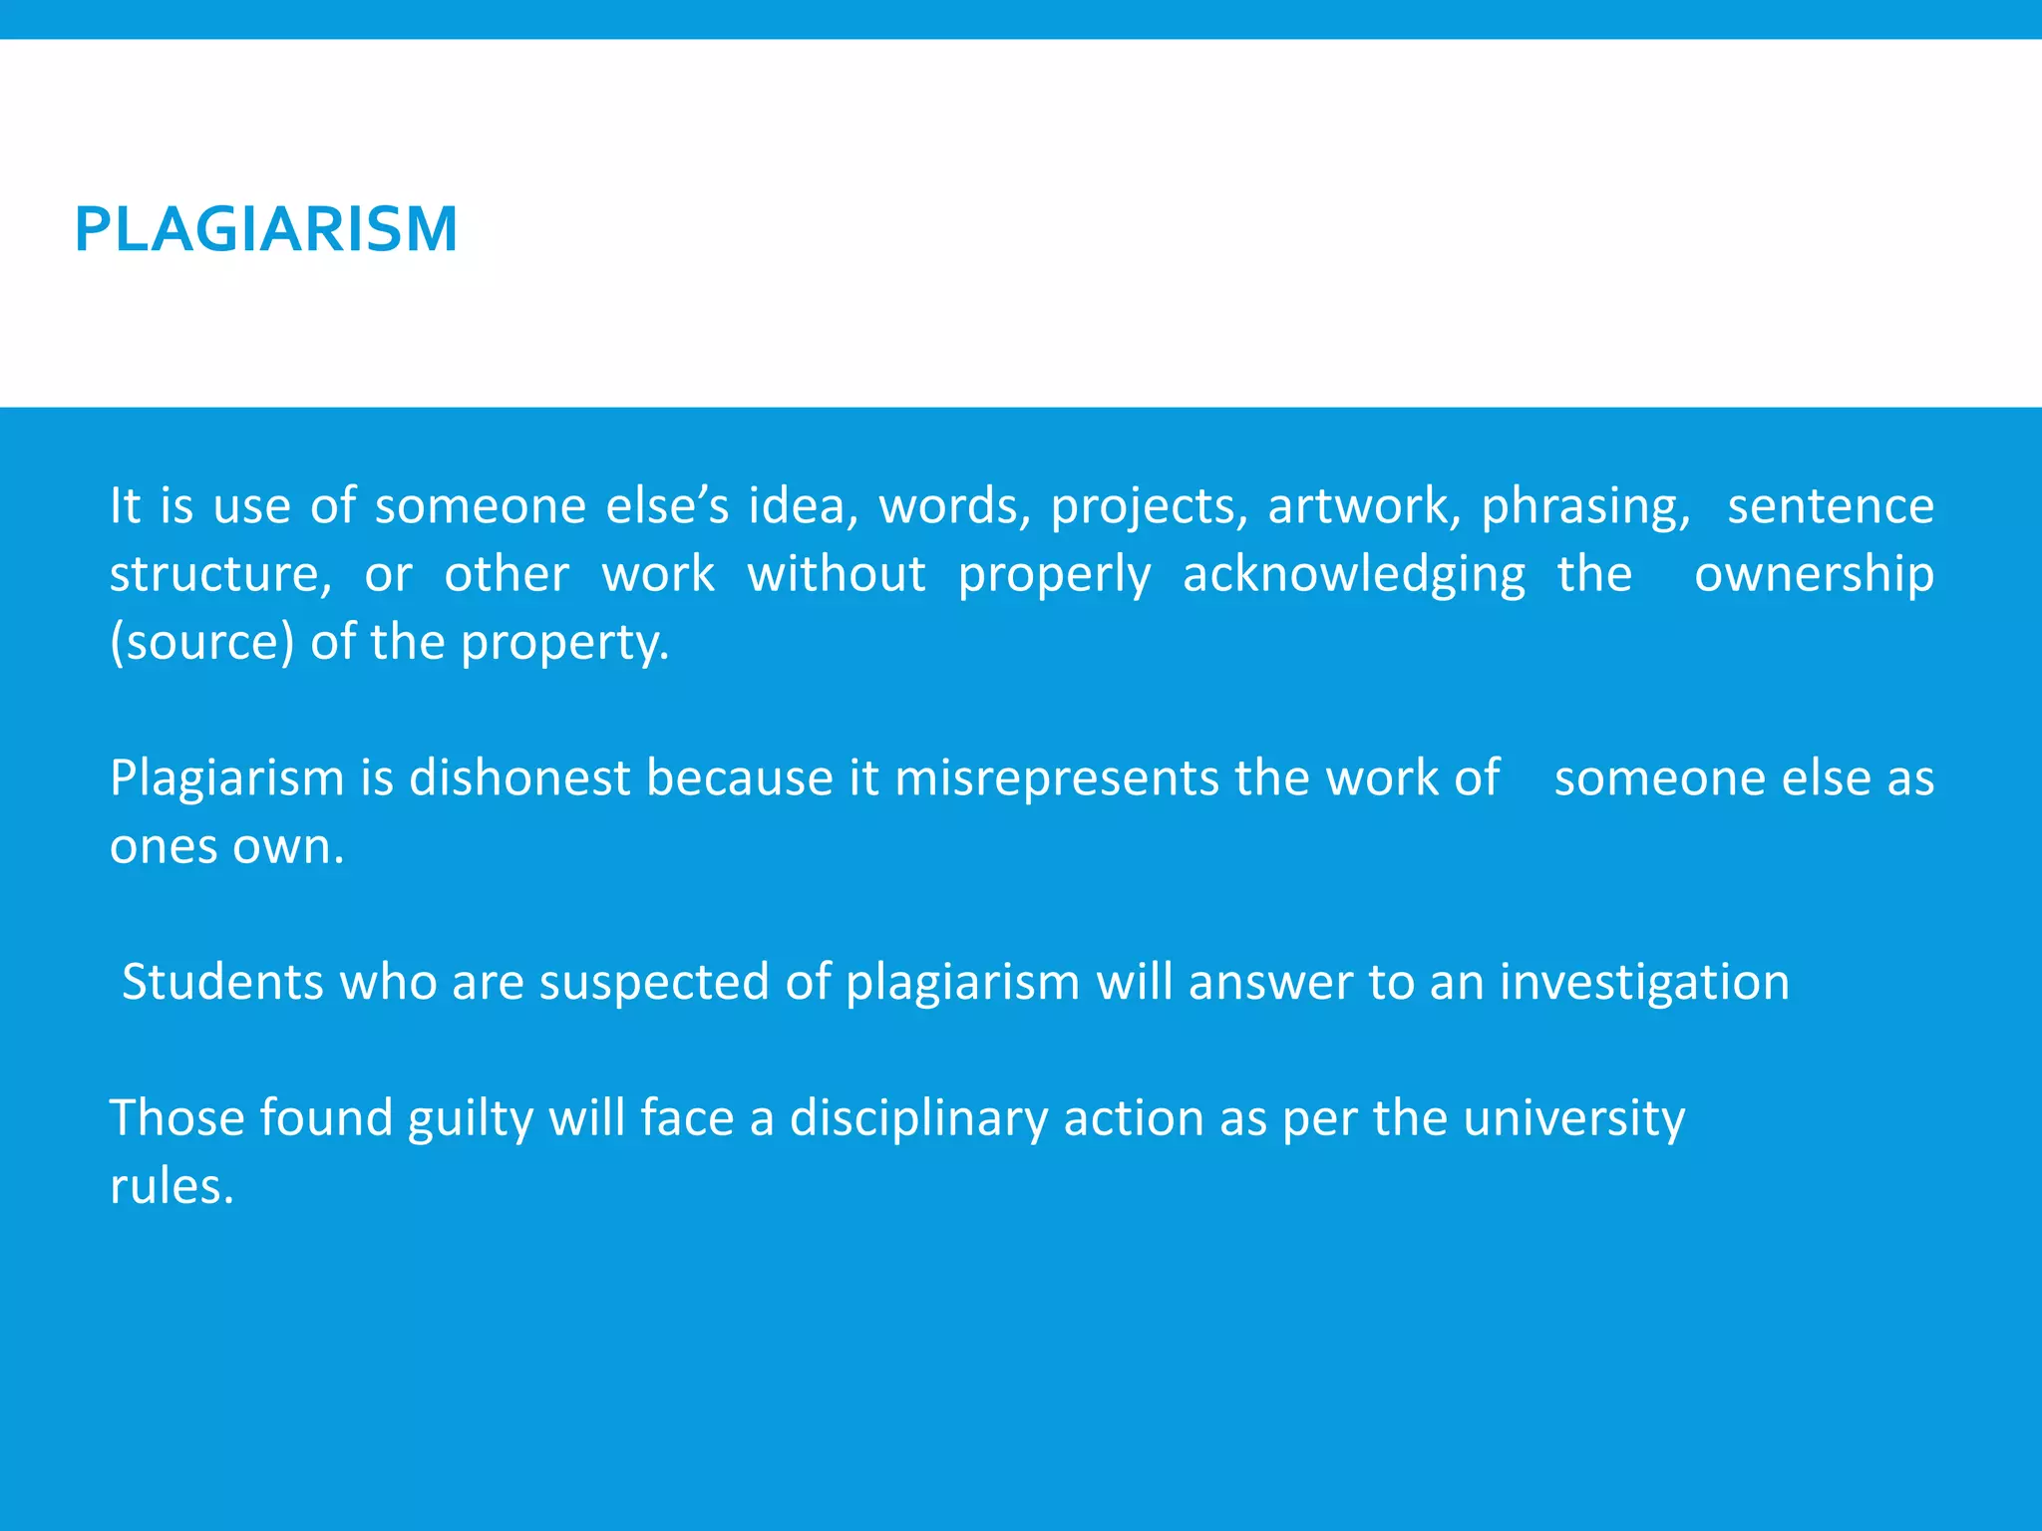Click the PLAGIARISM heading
click(x=266, y=229)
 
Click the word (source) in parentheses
click(x=202, y=643)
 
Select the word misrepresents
click(x=1057, y=778)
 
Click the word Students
click(x=222, y=982)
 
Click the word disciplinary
click(x=918, y=1118)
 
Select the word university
click(x=1574, y=1118)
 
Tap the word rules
click(x=171, y=1186)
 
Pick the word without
click(x=837, y=575)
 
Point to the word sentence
click(x=1831, y=506)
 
